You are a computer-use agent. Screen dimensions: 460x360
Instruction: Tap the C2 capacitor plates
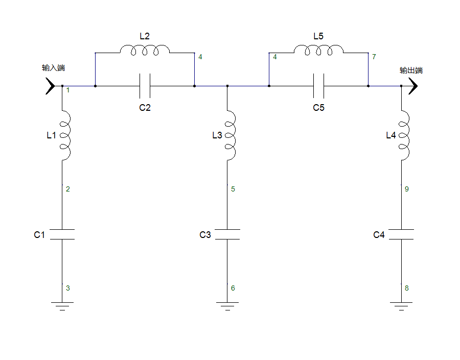(145, 86)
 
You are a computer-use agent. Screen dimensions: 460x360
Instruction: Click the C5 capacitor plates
(318, 86)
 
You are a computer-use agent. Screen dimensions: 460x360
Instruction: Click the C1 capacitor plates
(62, 234)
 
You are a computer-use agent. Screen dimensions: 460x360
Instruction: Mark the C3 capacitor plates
(227, 234)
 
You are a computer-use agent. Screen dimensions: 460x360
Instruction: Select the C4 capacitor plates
(401, 234)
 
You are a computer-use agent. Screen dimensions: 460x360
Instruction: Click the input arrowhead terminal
(51, 86)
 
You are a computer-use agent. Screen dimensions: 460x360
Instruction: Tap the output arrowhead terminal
(413, 86)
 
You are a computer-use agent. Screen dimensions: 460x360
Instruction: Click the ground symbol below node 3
(62, 306)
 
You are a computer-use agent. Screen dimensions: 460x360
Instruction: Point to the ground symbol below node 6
(227, 306)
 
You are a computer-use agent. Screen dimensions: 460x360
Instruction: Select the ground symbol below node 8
(401, 306)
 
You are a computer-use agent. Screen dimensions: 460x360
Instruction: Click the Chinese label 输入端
(53, 68)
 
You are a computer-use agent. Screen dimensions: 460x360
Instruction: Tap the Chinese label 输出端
(411, 70)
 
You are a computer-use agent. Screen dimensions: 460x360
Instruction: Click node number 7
(374, 57)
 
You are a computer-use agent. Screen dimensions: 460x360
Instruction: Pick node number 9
(407, 189)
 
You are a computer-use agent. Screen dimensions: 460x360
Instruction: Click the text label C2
(145, 108)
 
